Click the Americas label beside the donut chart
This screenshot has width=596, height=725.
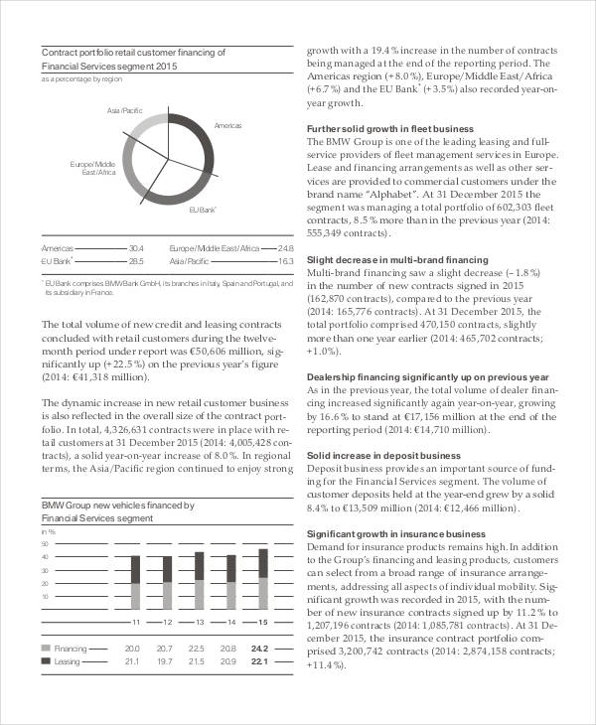(x=227, y=126)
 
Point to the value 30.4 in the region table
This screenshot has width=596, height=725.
(x=136, y=247)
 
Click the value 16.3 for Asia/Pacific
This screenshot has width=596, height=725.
(x=286, y=261)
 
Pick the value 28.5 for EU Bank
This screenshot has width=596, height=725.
(x=136, y=261)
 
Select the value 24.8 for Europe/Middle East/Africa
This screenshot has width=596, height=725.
(x=286, y=247)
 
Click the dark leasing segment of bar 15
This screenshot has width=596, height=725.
(x=262, y=563)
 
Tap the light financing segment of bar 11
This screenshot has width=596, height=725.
(x=136, y=596)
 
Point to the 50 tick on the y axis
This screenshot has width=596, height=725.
(x=44, y=544)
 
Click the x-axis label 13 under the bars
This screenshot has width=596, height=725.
(x=200, y=622)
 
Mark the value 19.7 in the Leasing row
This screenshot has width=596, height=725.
(x=164, y=660)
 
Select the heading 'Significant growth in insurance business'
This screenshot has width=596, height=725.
(x=396, y=533)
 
